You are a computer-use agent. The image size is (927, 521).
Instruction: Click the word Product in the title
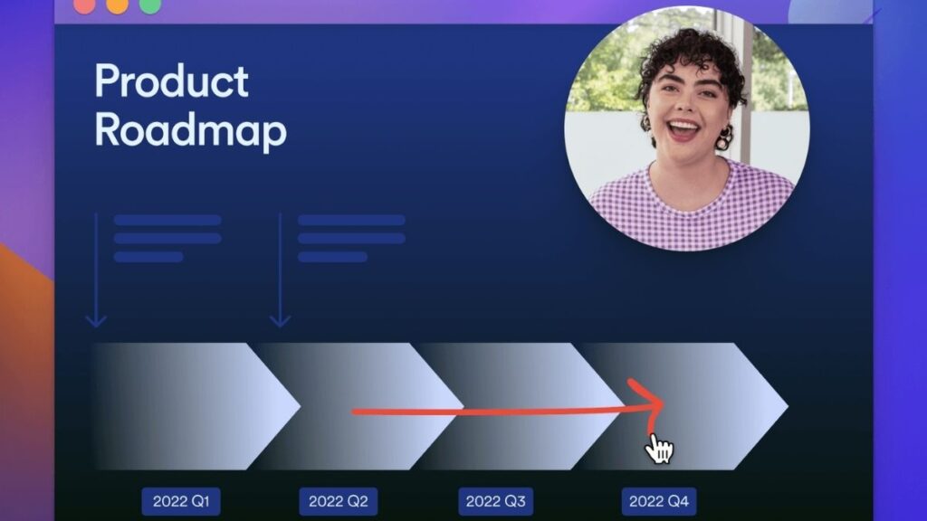click(171, 81)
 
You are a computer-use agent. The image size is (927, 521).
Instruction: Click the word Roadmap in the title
click(190, 131)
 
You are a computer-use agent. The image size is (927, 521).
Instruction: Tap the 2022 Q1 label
click(181, 501)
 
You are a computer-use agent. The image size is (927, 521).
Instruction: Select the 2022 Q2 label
click(339, 501)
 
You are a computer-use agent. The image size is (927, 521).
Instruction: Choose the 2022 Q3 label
click(495, 501)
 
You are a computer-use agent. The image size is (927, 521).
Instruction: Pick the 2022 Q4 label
click(659, 501)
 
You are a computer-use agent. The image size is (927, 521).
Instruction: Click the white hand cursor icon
click(659, 449)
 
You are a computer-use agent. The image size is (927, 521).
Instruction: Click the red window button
click(84, 5)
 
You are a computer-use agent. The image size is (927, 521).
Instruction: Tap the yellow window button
click(117, 5)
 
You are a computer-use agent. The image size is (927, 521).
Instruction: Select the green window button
click(149, 5)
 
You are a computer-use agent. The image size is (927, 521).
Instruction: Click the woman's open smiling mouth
click(683, 129)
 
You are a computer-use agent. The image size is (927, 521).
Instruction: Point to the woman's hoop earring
click(723, 139)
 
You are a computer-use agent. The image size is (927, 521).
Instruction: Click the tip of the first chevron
click(301, 406)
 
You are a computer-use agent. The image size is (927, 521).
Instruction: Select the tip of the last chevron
click(788, 406)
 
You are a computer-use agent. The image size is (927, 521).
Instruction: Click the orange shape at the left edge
click(24, 378)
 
